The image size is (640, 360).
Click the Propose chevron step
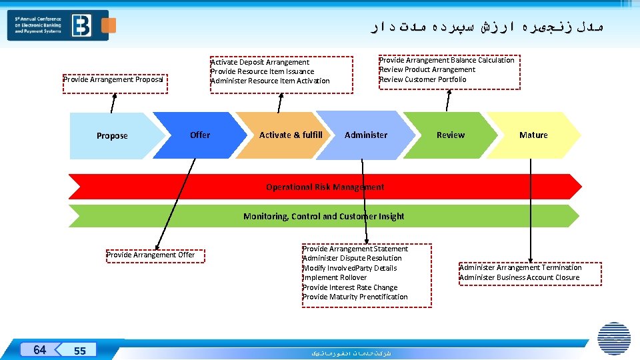pyautogui.click(x=112, y=135)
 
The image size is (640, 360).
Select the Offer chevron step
pyautogui.click(x=199, y=135)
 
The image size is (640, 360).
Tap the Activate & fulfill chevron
pyautogui.click(x=291, y=135)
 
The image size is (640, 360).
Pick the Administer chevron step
pyautogui.click(x=365, y=135)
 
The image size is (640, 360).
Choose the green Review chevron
pyautogui.click(x=451, y=135)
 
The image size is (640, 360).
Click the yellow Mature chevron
pyautogui.click(x=533, y=135)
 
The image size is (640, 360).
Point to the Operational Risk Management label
pyautogui.click(x=325, y=187)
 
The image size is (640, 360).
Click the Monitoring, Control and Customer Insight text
pyautogui.click(x=323, y=216)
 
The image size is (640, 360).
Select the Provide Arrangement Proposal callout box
pyautogui.click(x=113, y=80)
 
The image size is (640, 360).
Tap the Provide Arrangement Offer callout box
pyautogui.click(x=151, y=255)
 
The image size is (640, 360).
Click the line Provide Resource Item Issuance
pyautogui.click(x=262, y=71)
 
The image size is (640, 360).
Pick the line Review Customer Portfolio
pyautogui.click(x=423, y=79)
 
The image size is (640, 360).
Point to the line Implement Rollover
pyautogui.click(x=335, y=277)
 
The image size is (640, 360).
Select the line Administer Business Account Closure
pyautogui.click(x=519, y=277)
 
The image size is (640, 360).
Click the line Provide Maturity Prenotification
pyautogui.click(x=355, y=297)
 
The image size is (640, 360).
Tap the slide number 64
pyautogui.click(x=39, y=350)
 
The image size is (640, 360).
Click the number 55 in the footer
pyautogui.click(x=80, y=351)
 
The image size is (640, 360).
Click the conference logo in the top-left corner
pyautogui.click(x=58, y=25)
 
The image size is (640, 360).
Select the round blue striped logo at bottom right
pyautogui.click(x=614, y=338)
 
